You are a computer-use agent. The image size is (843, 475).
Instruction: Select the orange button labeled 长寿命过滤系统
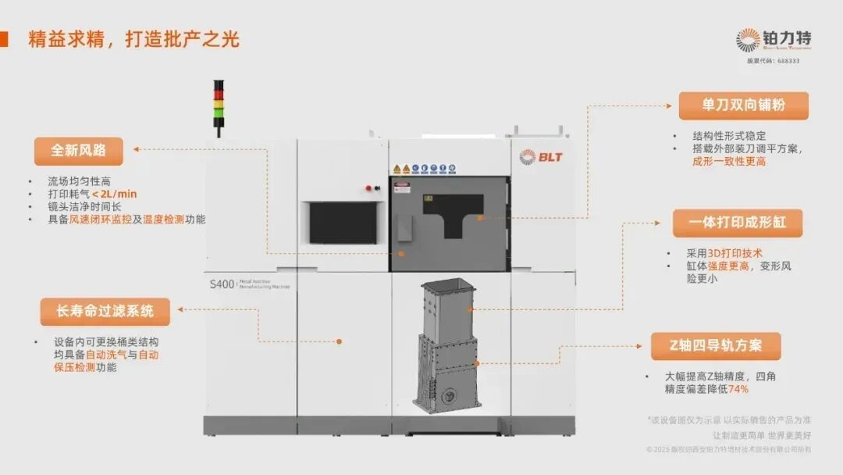point(105,312)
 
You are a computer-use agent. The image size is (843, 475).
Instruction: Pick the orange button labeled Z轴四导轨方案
point(716,346)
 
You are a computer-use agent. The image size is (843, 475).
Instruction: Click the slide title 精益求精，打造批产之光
point(133,39)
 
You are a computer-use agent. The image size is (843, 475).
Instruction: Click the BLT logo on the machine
point(541,156)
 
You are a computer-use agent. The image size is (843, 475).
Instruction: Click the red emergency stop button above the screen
point(368,187)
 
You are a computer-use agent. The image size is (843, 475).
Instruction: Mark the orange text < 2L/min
point(115,194)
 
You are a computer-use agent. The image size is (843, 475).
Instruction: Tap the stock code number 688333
point(787,61)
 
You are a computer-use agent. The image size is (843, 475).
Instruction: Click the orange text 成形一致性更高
point(729,161)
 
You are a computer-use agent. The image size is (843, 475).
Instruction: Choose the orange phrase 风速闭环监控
point(101,220)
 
